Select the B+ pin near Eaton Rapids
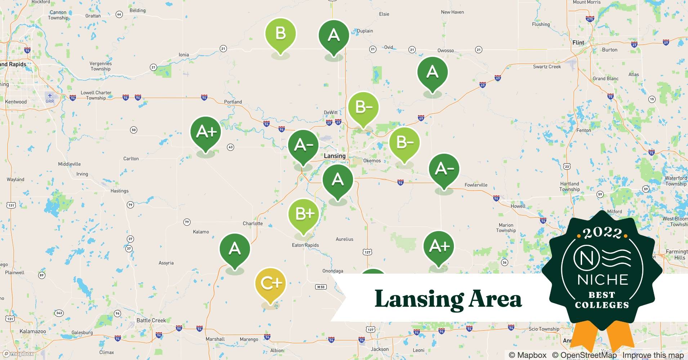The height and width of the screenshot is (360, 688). (x=304, y=215)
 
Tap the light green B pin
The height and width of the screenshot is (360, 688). (x=281, y=35)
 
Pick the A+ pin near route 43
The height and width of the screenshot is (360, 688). (x=206, y=132)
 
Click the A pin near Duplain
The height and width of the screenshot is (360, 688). (x=334, y=36)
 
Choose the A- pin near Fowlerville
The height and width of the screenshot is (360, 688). (x=444, y=169)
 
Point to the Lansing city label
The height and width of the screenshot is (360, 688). (x=334, y=156)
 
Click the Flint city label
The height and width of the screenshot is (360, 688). (x=578, y=42)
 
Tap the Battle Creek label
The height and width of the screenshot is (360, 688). (x=151, y=320)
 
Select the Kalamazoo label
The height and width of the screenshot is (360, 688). (x=32, y=331)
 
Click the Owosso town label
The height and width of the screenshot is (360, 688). (x=446, y=50)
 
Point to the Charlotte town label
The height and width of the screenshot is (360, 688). (x=253, y=224)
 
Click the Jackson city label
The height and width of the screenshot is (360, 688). (x=380, y=349)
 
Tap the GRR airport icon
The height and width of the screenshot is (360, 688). (x=50, y=96)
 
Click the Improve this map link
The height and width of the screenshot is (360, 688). (x=653, y=355)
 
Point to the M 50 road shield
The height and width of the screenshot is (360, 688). (x=321, y=287)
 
